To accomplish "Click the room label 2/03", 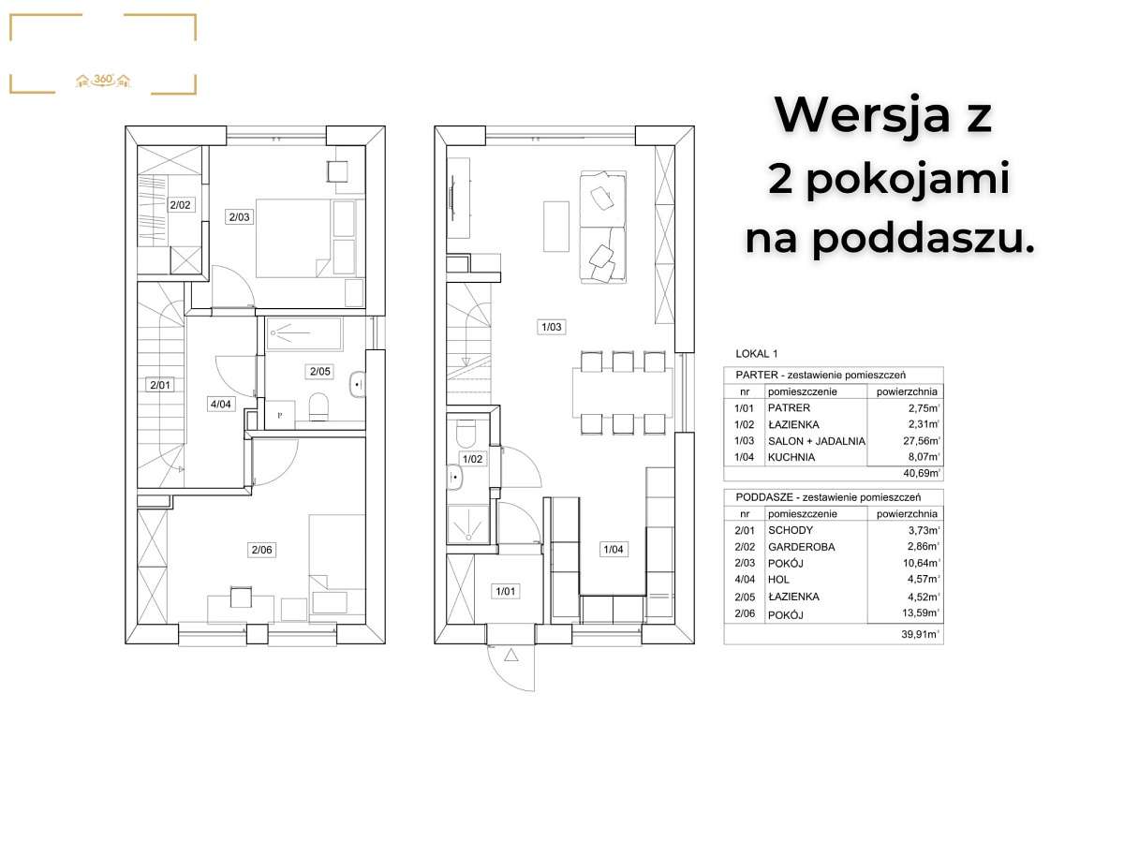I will click(x=240, y=217).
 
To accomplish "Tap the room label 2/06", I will click(x=261, y=551).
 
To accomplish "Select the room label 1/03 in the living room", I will click(x=550, y=327).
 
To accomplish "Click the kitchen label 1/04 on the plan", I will click(x=613, y=550).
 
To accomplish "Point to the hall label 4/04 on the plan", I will click(x=220, y=405).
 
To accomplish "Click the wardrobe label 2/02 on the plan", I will click(x=180, y=203).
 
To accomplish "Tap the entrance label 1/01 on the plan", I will click(x=506, y=591).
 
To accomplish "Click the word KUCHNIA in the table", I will click(x=791, y=458).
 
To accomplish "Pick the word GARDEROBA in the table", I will click(x=801, y=547).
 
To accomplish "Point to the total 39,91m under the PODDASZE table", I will click(x=919, y=634).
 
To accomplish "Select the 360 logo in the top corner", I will click(x=103, y=81).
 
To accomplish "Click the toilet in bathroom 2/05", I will click(x=318, y=406).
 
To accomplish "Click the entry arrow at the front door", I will click(x=510, y=657).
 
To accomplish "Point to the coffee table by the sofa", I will click(x=555, y=227).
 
